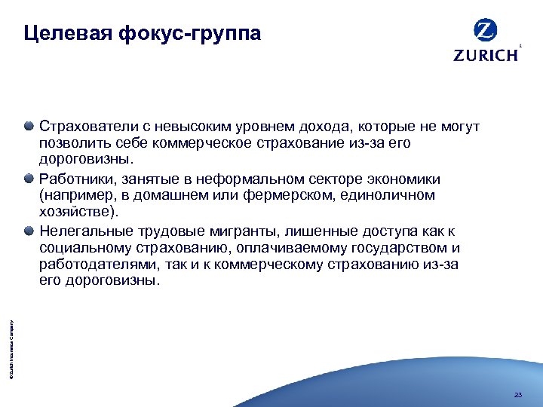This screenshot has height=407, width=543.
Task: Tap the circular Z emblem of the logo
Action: tap(485, 30)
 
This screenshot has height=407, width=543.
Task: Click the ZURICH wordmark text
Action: tap(486, 55)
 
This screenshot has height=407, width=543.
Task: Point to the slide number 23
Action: tap(517, 395)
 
